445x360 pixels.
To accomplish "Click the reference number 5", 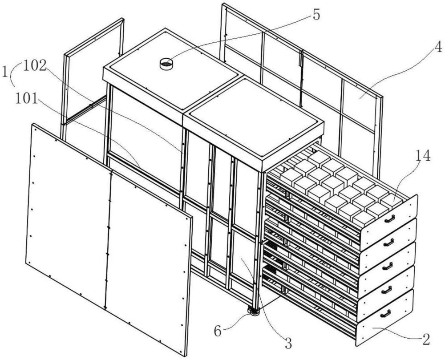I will pos(316,14).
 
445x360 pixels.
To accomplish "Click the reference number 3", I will pos(288,343).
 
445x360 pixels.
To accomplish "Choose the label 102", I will pos(35,65).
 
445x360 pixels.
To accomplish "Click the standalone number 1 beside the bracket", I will pos(7,71).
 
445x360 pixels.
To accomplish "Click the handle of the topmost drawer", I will pos(390,218).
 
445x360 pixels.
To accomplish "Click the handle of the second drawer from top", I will pos(388,242).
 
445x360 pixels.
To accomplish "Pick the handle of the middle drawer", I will pos(387,266).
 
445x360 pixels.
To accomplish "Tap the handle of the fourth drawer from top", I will pos(386,290).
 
